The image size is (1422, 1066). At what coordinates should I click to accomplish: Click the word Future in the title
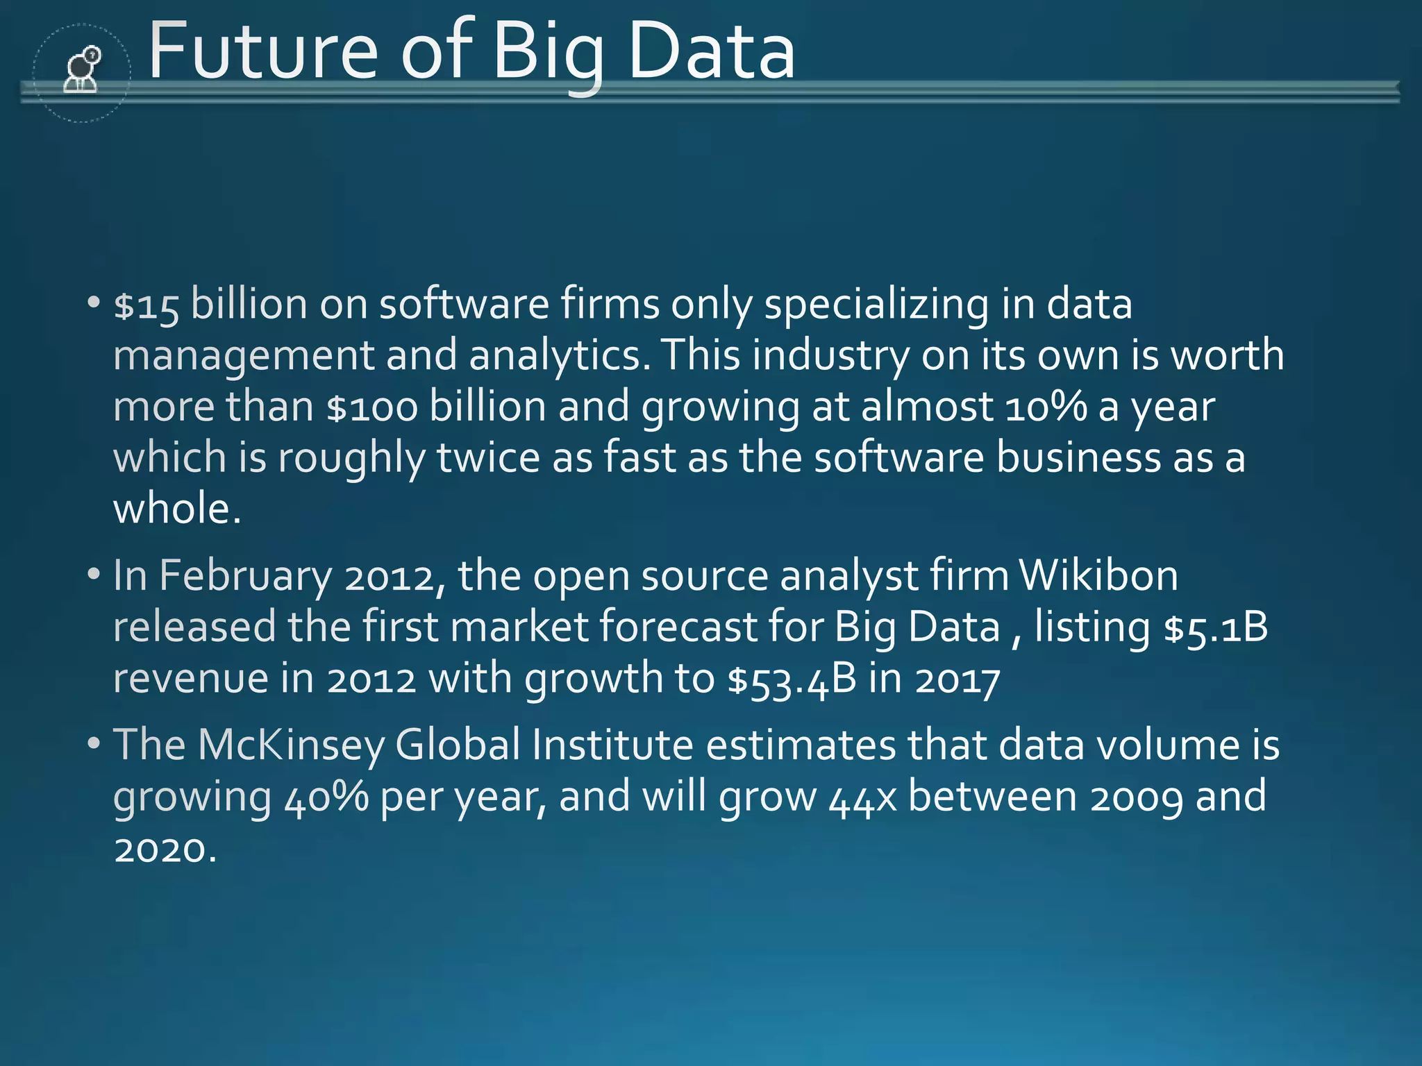263,51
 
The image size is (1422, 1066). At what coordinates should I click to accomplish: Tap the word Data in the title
711,51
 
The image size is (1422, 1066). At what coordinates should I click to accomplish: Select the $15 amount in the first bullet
147,305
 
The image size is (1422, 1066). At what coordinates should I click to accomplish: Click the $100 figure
372,407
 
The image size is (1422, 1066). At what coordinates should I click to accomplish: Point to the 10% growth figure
1045,407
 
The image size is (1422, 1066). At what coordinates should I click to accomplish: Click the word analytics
560,355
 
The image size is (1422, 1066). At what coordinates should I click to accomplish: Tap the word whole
176,509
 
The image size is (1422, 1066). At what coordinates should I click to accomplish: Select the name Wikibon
1098,576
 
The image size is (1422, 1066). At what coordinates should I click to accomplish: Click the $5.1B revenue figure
1216,627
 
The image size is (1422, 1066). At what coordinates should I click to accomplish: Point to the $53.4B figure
792,679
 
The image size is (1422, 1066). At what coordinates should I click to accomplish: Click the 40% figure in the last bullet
326,797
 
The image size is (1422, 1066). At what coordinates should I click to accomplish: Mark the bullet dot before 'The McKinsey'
94,743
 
